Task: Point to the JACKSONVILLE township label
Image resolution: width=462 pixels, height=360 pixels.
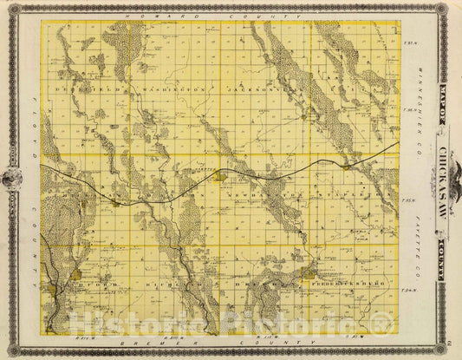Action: pyautogui.click(x=260, y=88)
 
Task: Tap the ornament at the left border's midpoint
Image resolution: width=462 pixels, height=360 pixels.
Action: pyautogui.click(x=12, y=178)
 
